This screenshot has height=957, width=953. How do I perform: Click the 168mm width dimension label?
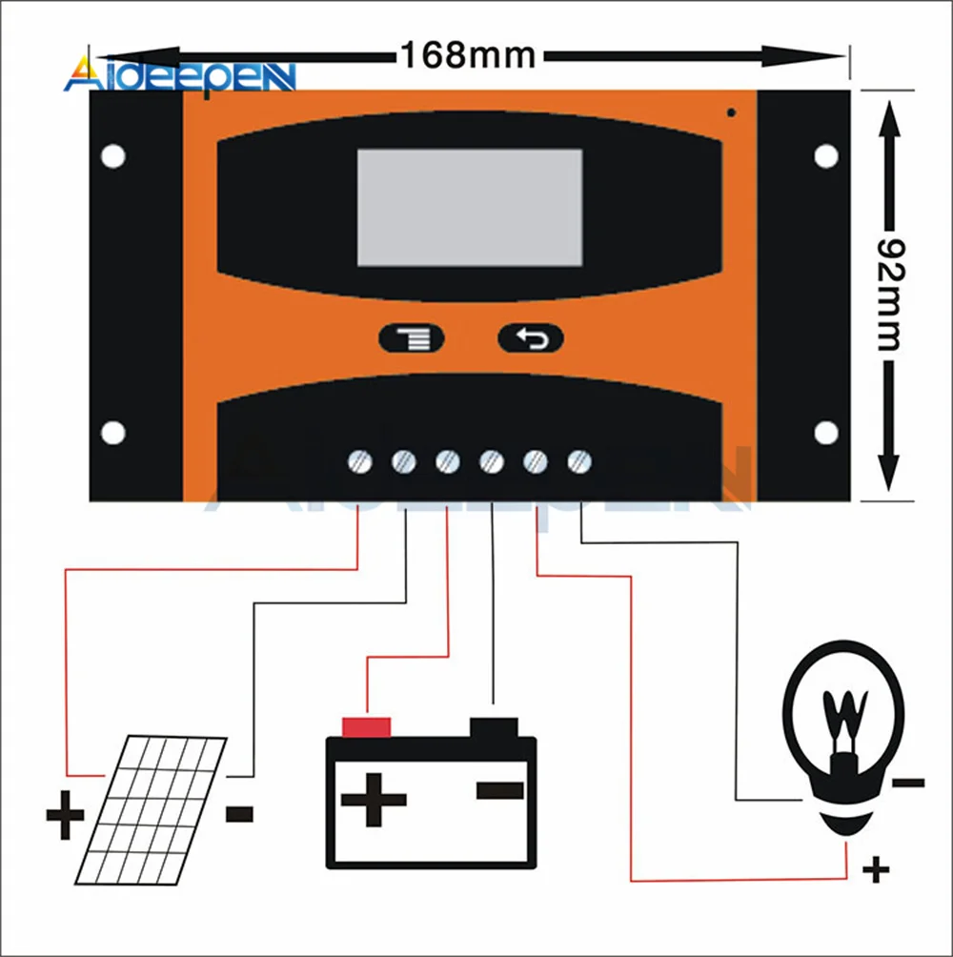[x=467, y=54]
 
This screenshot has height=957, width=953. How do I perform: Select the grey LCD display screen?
[x=469, y=207]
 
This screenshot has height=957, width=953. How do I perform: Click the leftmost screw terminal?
[x=359, y=462]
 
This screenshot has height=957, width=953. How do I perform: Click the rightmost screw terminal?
[x=578, y=462]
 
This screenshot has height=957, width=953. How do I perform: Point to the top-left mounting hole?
[x=113, y=156]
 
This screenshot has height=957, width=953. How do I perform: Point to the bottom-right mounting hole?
[x=826, y=433]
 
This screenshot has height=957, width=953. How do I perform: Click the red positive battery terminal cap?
[x=366, y=727]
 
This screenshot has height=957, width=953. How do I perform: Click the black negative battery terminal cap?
[x=494, y=726]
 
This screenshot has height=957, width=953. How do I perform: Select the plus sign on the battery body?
[x=374, y=799]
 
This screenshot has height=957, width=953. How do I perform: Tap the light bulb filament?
[x=842, y=720]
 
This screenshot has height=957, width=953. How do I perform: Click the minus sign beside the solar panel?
[x=239, y=814]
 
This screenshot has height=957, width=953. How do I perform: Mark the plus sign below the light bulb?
[x=875, y=869]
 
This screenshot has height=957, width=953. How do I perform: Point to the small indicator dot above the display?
[x=731, y=112]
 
